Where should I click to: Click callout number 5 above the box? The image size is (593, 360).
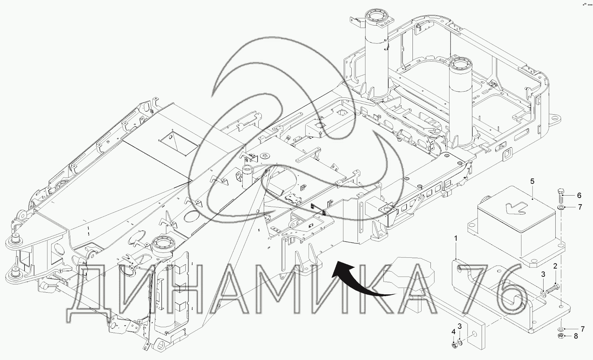click(532, 181)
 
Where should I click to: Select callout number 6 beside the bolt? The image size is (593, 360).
click(579, 196)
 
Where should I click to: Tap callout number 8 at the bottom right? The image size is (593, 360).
click(576, 336)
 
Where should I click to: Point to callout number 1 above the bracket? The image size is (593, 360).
click(456, 239)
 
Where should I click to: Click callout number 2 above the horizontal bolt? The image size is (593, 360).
click(555, 266)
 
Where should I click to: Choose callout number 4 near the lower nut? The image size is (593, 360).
click(453, 332)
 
